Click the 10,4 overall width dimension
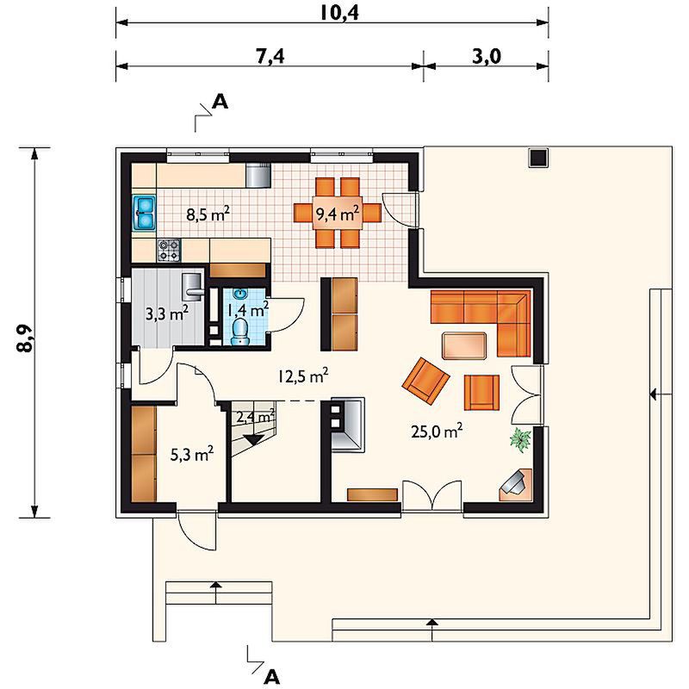point(338,13)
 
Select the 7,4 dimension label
point(270,57)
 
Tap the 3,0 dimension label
point(487,57)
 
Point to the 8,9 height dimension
point(24,338)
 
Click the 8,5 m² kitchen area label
point(208,214)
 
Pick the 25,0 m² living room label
point(437,431)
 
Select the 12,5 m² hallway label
point(303,376)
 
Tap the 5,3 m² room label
point(192,455)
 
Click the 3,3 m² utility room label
point(167,313)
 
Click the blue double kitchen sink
point(144,213)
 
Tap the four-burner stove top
point(169,250)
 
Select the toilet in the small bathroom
point(239,331)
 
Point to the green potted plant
point(521,440)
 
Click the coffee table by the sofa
point(464,346)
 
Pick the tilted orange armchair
point(425,381)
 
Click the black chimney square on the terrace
point(538,158)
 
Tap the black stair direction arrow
point(253,440)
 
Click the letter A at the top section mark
point(220,102)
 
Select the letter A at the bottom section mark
point(272,677)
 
